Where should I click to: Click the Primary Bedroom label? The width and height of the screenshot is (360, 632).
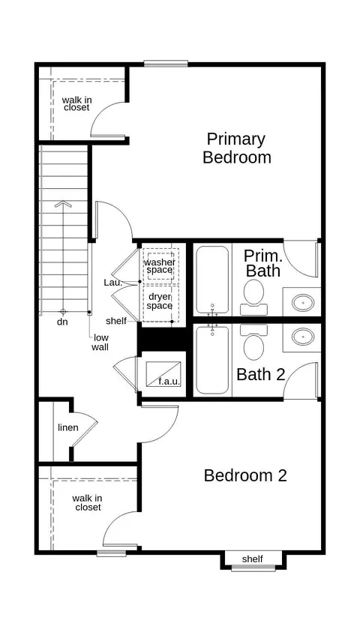click(237, 148)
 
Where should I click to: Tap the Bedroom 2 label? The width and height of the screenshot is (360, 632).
click(245, 475)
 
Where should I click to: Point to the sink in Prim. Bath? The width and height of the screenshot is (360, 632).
click(303, 302)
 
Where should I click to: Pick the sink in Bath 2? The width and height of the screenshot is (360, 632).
click(303, 337)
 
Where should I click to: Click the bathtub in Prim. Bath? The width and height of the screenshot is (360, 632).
click(212, 280)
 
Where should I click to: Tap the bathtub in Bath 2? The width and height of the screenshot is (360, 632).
click(212, 360)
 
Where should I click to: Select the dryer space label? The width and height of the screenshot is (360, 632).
click(160, 301)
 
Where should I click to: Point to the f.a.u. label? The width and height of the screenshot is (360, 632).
click(169, 381)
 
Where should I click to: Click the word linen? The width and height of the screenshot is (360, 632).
click(68, 427)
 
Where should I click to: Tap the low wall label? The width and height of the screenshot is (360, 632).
click(100, 342)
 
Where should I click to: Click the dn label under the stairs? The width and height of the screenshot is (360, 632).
click(62, 322)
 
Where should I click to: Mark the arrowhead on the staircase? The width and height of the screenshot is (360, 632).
click(63, 204)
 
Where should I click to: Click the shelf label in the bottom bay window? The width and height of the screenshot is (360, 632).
click(252, 559)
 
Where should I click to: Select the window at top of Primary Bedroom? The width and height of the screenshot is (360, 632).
click(166, 63)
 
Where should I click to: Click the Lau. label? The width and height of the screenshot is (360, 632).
click(113, 283)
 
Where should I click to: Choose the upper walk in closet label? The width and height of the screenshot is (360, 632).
click(76, 103)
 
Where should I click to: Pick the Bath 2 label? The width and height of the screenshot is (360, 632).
click(261, 374)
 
